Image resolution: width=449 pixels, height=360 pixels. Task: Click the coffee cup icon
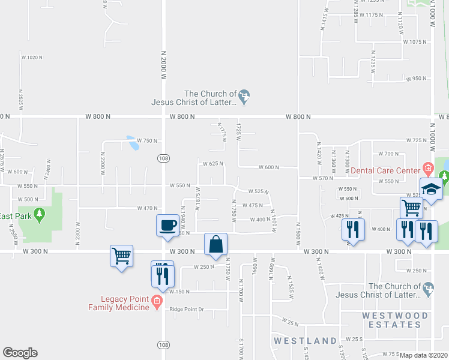(x=167, y=226)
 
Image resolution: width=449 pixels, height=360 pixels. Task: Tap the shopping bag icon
(x=215, y=245)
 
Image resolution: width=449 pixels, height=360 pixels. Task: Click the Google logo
(x=20, y=353)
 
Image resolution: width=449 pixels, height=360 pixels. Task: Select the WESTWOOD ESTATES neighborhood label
(x=394, y=320)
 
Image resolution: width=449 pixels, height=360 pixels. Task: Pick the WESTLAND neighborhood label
(x=305, y=341)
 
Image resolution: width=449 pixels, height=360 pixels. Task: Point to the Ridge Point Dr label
(x=187, y=310)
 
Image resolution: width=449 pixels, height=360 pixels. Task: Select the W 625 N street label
(x=212, y=163)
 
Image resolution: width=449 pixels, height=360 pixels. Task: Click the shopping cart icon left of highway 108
(x=121, y=256)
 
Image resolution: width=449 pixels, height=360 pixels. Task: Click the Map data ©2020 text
(x=424, y=355)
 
